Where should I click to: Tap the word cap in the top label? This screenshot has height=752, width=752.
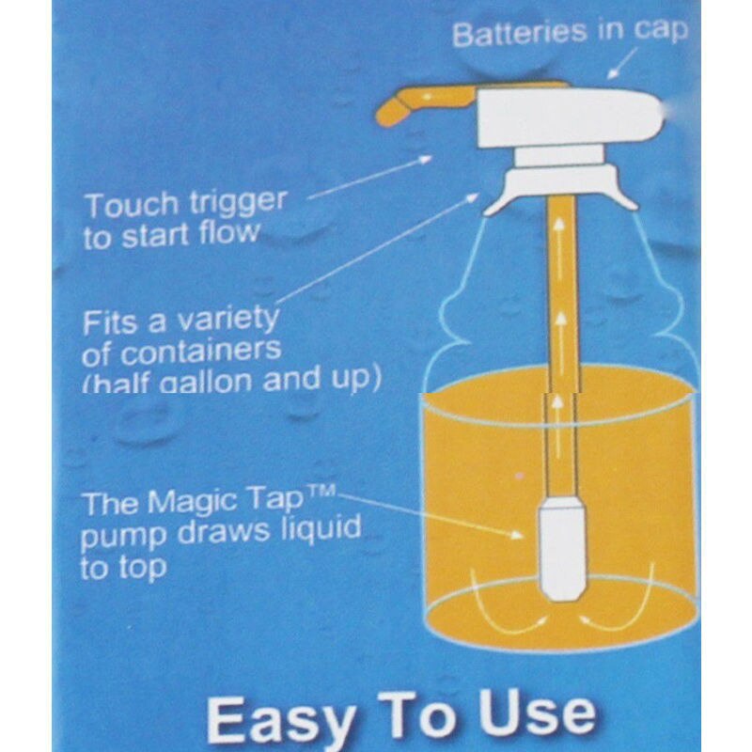(660, 32)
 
